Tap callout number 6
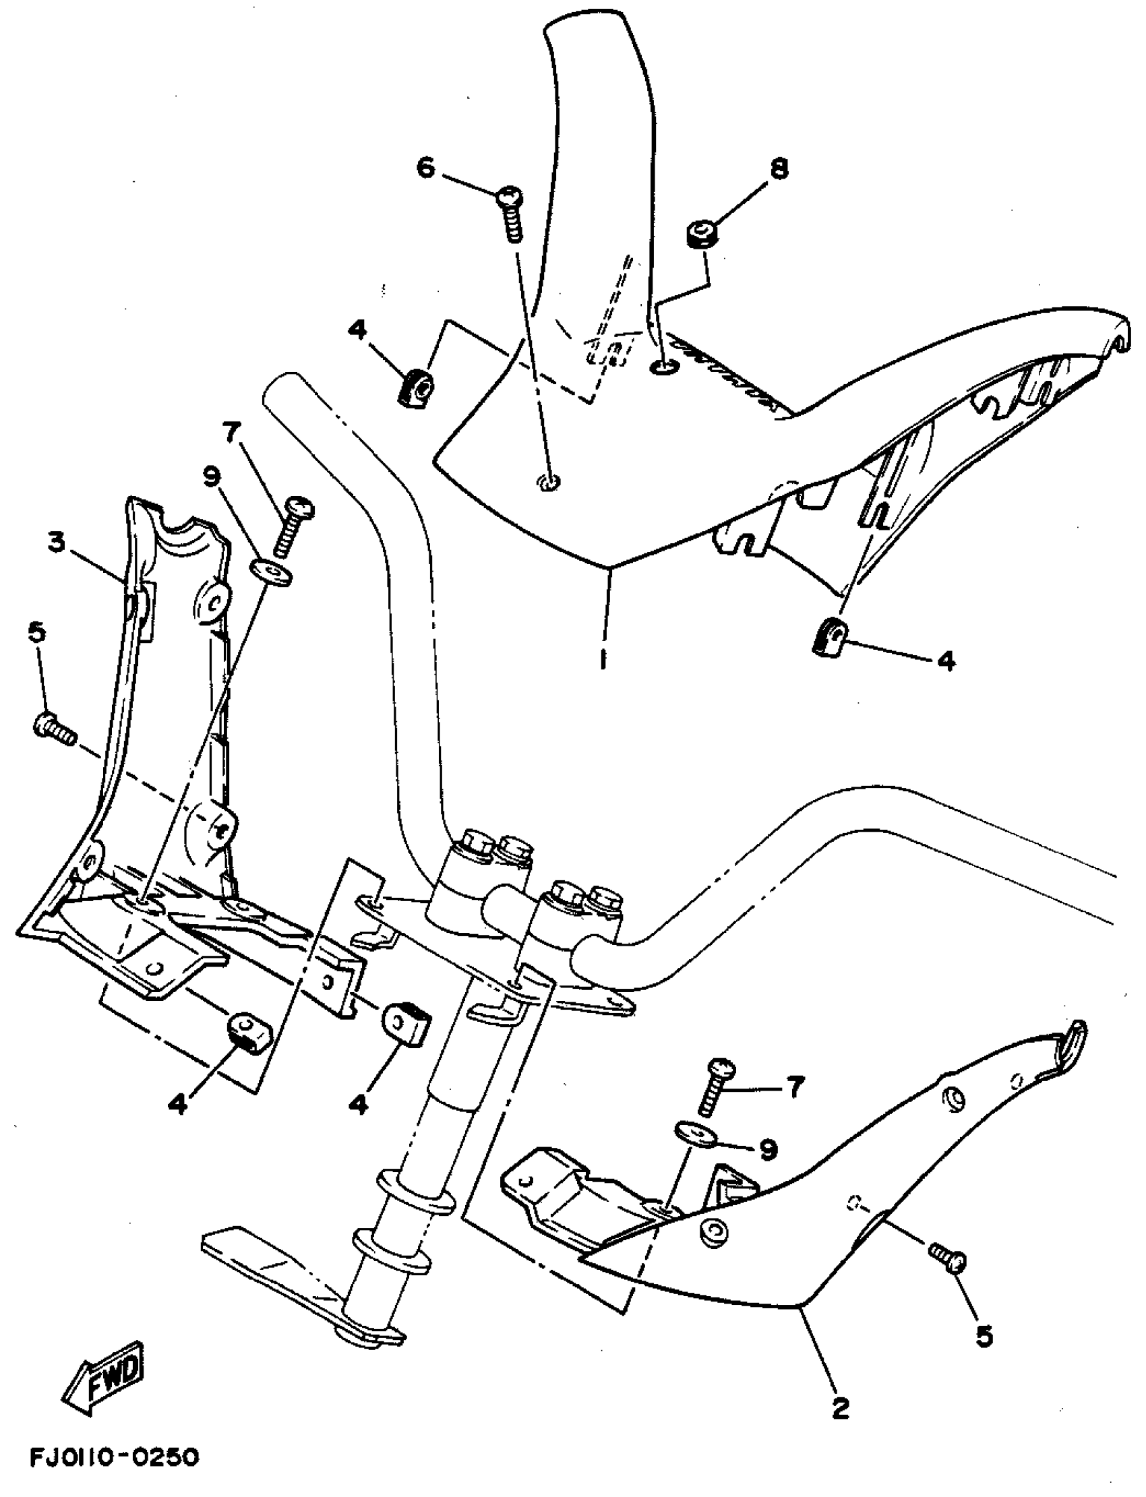pyautogui.click(x=425, y=168)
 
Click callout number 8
pyautogui.click(x=779, y=168)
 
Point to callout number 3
pyautogui.click(x=57, y=543)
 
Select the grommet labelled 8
pyautogui.click(x=699, y=235)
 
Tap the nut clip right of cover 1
pyautogui.click(x=828, y=637)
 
